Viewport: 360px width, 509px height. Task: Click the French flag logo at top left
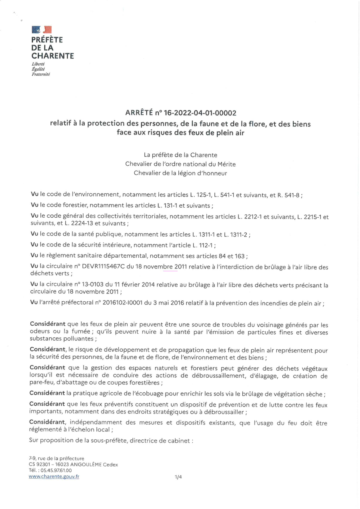[x=42, y=29]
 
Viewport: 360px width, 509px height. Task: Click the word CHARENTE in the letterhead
[x=53, y=56]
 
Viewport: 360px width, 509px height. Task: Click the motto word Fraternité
[x=40, y=74]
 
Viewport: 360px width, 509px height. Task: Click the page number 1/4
[x=178, y=477]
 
